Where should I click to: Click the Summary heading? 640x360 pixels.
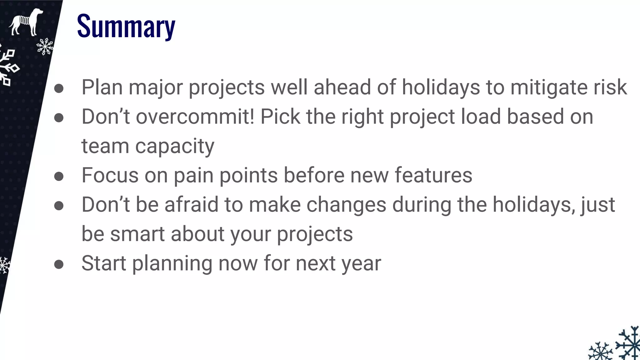coord(126,27)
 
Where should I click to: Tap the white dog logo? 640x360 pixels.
coord(26,22)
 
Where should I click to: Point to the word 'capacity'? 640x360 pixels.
coord(175,146)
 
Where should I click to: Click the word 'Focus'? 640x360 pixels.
coord(110,175)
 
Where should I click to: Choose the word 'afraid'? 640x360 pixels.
coord(191,205)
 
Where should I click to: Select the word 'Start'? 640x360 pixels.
coord(104,263)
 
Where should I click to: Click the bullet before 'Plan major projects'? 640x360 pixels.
coord(59,88)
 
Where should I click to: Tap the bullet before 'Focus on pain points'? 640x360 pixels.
coord(59,177)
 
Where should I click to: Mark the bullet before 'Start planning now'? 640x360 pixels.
coord(59,265)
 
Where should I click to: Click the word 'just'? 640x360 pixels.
coord(598,205)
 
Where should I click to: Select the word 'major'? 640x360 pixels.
coord(156,87)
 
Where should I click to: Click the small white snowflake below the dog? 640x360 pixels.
coord(45,47)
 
